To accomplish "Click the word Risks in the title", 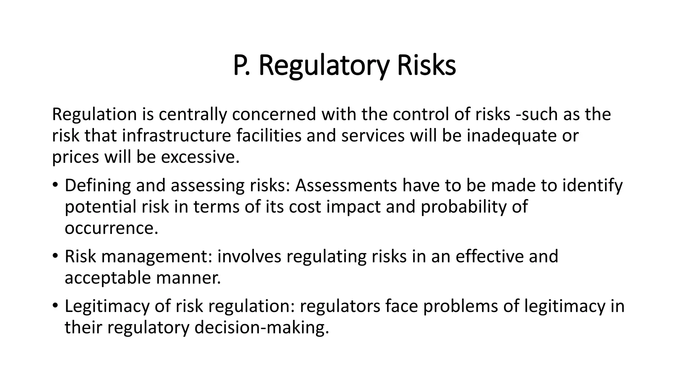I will click(426, 66).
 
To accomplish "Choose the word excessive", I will click(200, 157).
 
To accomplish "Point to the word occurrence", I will click(111, 228).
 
